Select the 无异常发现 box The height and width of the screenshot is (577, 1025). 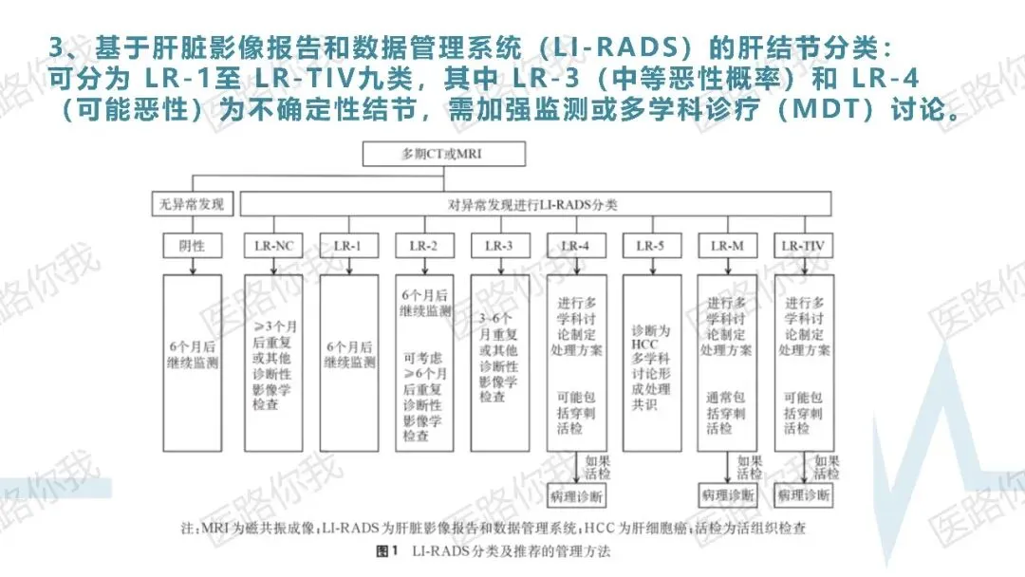tap(192, 203)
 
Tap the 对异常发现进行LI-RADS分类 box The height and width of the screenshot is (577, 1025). tap(537, 203)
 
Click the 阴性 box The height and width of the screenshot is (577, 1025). tap(192, 245)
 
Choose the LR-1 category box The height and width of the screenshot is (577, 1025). tap(348, 245)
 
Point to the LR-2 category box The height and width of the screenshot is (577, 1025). tap(423, 245)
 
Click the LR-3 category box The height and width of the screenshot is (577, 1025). tap(499, 245)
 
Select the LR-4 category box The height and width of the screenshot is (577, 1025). tap(575, 245)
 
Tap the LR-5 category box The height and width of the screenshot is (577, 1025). tap(651, 245)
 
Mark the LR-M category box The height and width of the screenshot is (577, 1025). tap(727, 245)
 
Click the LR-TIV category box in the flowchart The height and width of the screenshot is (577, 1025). tap(803, 245)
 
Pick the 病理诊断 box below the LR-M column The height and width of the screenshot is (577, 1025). tap(728, 495)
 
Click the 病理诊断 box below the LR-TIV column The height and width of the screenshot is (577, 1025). tap(804, 495)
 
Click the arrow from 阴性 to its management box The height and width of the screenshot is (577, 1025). tap(193, 266)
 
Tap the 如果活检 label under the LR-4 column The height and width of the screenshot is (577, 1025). tap(598, 467)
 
